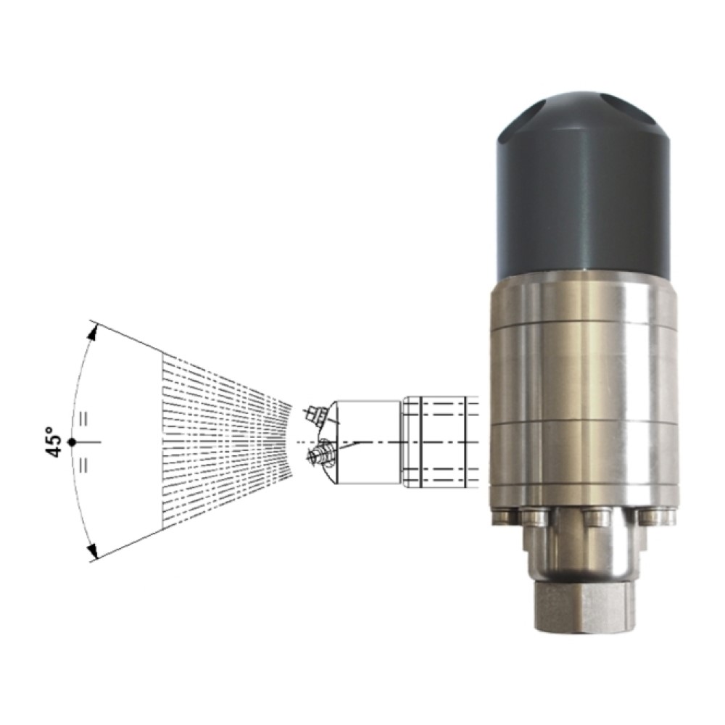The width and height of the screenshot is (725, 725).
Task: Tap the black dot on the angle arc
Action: coord(72,442)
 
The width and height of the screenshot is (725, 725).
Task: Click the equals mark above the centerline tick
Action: coord(83,418)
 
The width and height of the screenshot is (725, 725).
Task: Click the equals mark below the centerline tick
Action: coord(83,465)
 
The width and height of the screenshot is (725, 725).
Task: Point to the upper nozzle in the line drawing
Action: coord(316,414)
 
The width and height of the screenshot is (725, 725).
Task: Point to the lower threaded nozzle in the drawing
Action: coord(320,452)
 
